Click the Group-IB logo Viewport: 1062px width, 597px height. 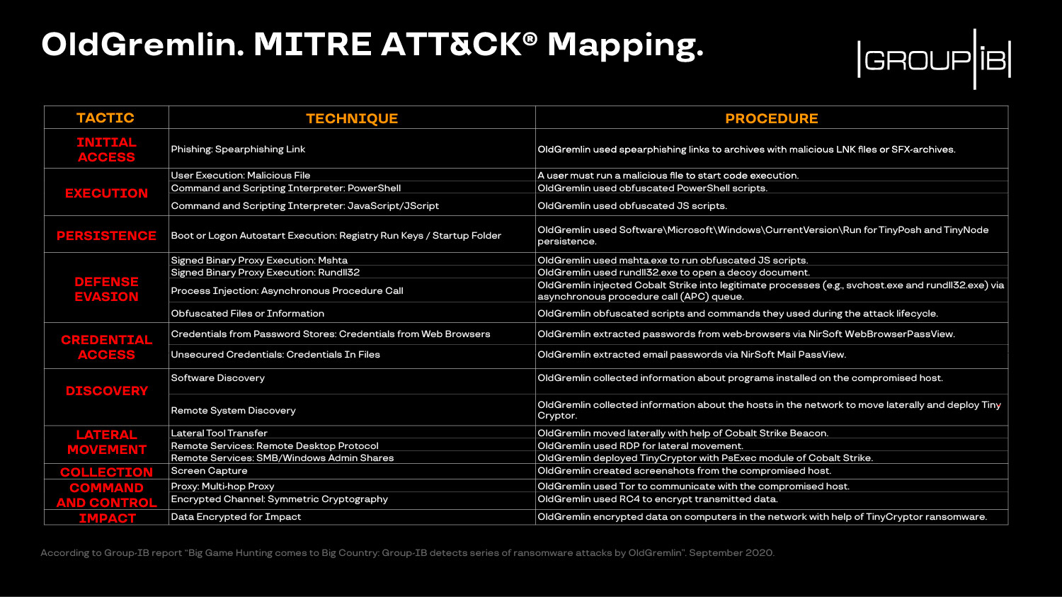pos(933,59)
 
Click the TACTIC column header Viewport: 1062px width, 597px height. pos(105,118)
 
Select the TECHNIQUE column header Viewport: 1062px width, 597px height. pos(352,118)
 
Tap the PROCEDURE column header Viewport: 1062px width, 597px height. pos(771,118)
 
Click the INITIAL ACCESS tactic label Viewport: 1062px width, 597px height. pos(106,149)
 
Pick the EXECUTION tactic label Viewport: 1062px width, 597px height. pos(106,193)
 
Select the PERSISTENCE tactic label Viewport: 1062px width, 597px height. pos(106,236)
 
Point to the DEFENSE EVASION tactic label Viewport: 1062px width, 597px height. pos(106,289)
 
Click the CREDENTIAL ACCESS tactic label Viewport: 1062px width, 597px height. pos(106,347)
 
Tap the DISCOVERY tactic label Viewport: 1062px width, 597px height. pos(106,391)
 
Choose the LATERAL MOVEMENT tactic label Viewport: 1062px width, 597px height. pos(106,442)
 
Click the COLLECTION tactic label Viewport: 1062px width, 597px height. pos(106,472)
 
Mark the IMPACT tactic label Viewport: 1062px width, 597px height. pos(107,518)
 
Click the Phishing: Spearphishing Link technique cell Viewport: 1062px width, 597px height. pos(238,149)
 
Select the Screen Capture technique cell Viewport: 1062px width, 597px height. pos(209,471)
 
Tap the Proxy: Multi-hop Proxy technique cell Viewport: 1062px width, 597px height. pos(222,487)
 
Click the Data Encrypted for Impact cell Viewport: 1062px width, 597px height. pos(236,517)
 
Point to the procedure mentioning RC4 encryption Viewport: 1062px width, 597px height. pos(657,499)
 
